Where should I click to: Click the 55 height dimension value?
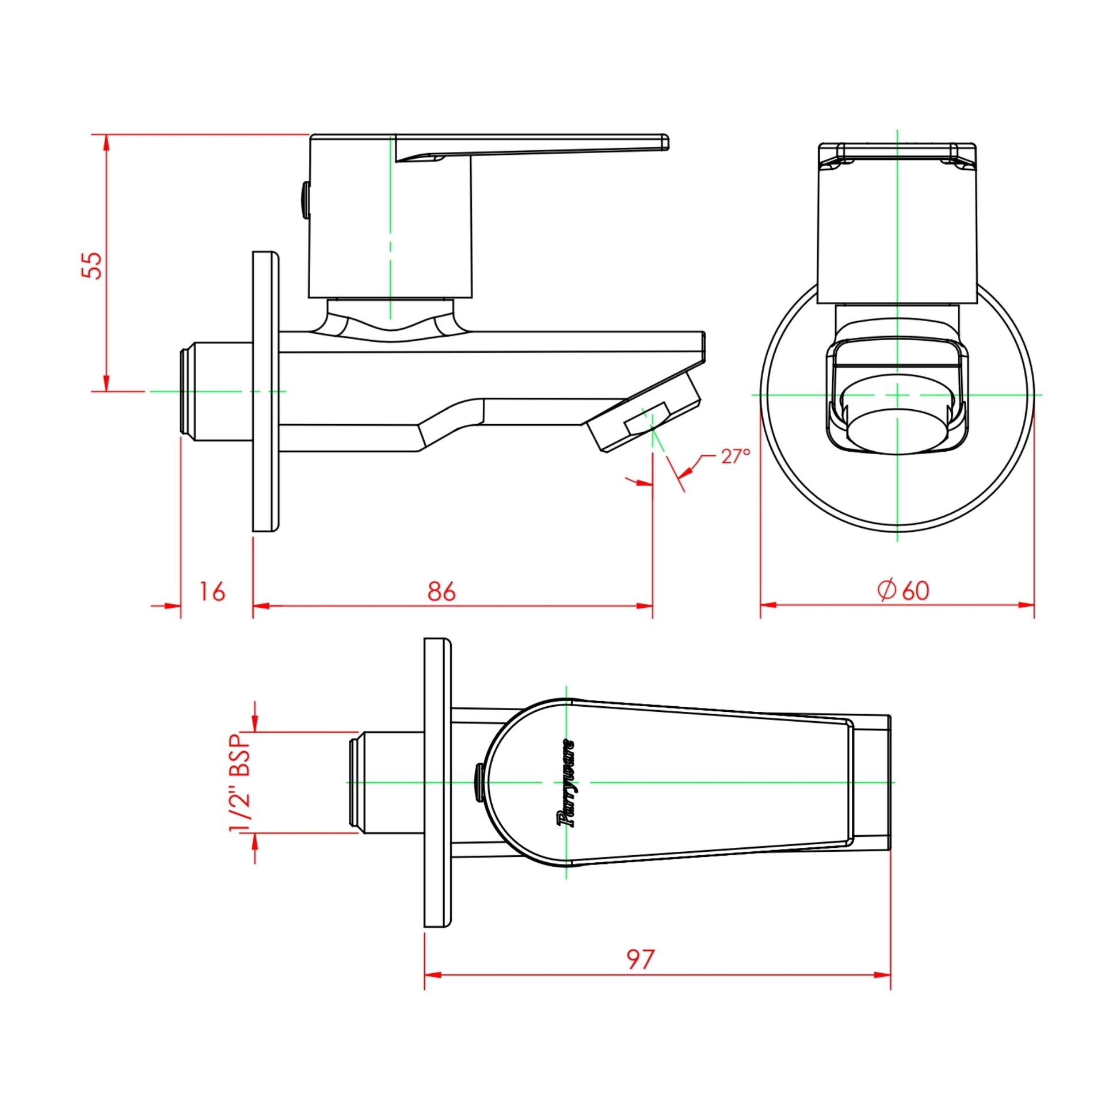[92, 265]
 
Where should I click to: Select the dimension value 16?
[212, 592]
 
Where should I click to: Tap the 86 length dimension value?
[442, 591]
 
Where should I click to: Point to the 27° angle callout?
[735, 456]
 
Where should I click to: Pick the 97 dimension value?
[641, 960]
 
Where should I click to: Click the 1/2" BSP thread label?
[240, 783]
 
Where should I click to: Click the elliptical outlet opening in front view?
[896, 431]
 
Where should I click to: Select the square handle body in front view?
[897, 232]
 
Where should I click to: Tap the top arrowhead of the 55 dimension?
[106, 143]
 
